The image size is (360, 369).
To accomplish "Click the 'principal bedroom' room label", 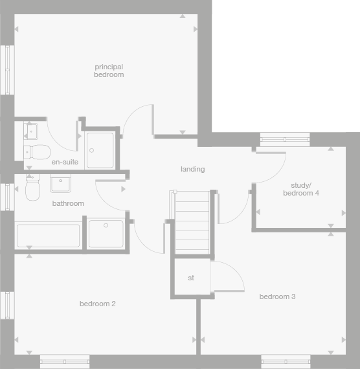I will pos(108,71).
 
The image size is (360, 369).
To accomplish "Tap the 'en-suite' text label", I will pos(65,162).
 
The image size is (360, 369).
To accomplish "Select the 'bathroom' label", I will pos(68,203).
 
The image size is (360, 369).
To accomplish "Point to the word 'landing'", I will pos(192,169).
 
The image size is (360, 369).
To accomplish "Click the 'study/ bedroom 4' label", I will pos(301,189).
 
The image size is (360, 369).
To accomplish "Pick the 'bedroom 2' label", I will pos(98,304).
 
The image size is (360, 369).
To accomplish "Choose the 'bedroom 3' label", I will pos(277,296).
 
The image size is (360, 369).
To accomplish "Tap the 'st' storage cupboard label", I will pos(191,278).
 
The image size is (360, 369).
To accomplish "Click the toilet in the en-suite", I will pos(38,152).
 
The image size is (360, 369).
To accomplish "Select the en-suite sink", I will pos(31,132).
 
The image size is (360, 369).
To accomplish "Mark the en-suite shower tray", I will pos(100,150).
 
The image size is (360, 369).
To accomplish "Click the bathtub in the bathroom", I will pos(48,236).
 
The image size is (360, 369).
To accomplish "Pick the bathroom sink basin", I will pos(61,184).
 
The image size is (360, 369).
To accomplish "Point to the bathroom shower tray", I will pos(106,234).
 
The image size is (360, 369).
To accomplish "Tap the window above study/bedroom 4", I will pos(285,139).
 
